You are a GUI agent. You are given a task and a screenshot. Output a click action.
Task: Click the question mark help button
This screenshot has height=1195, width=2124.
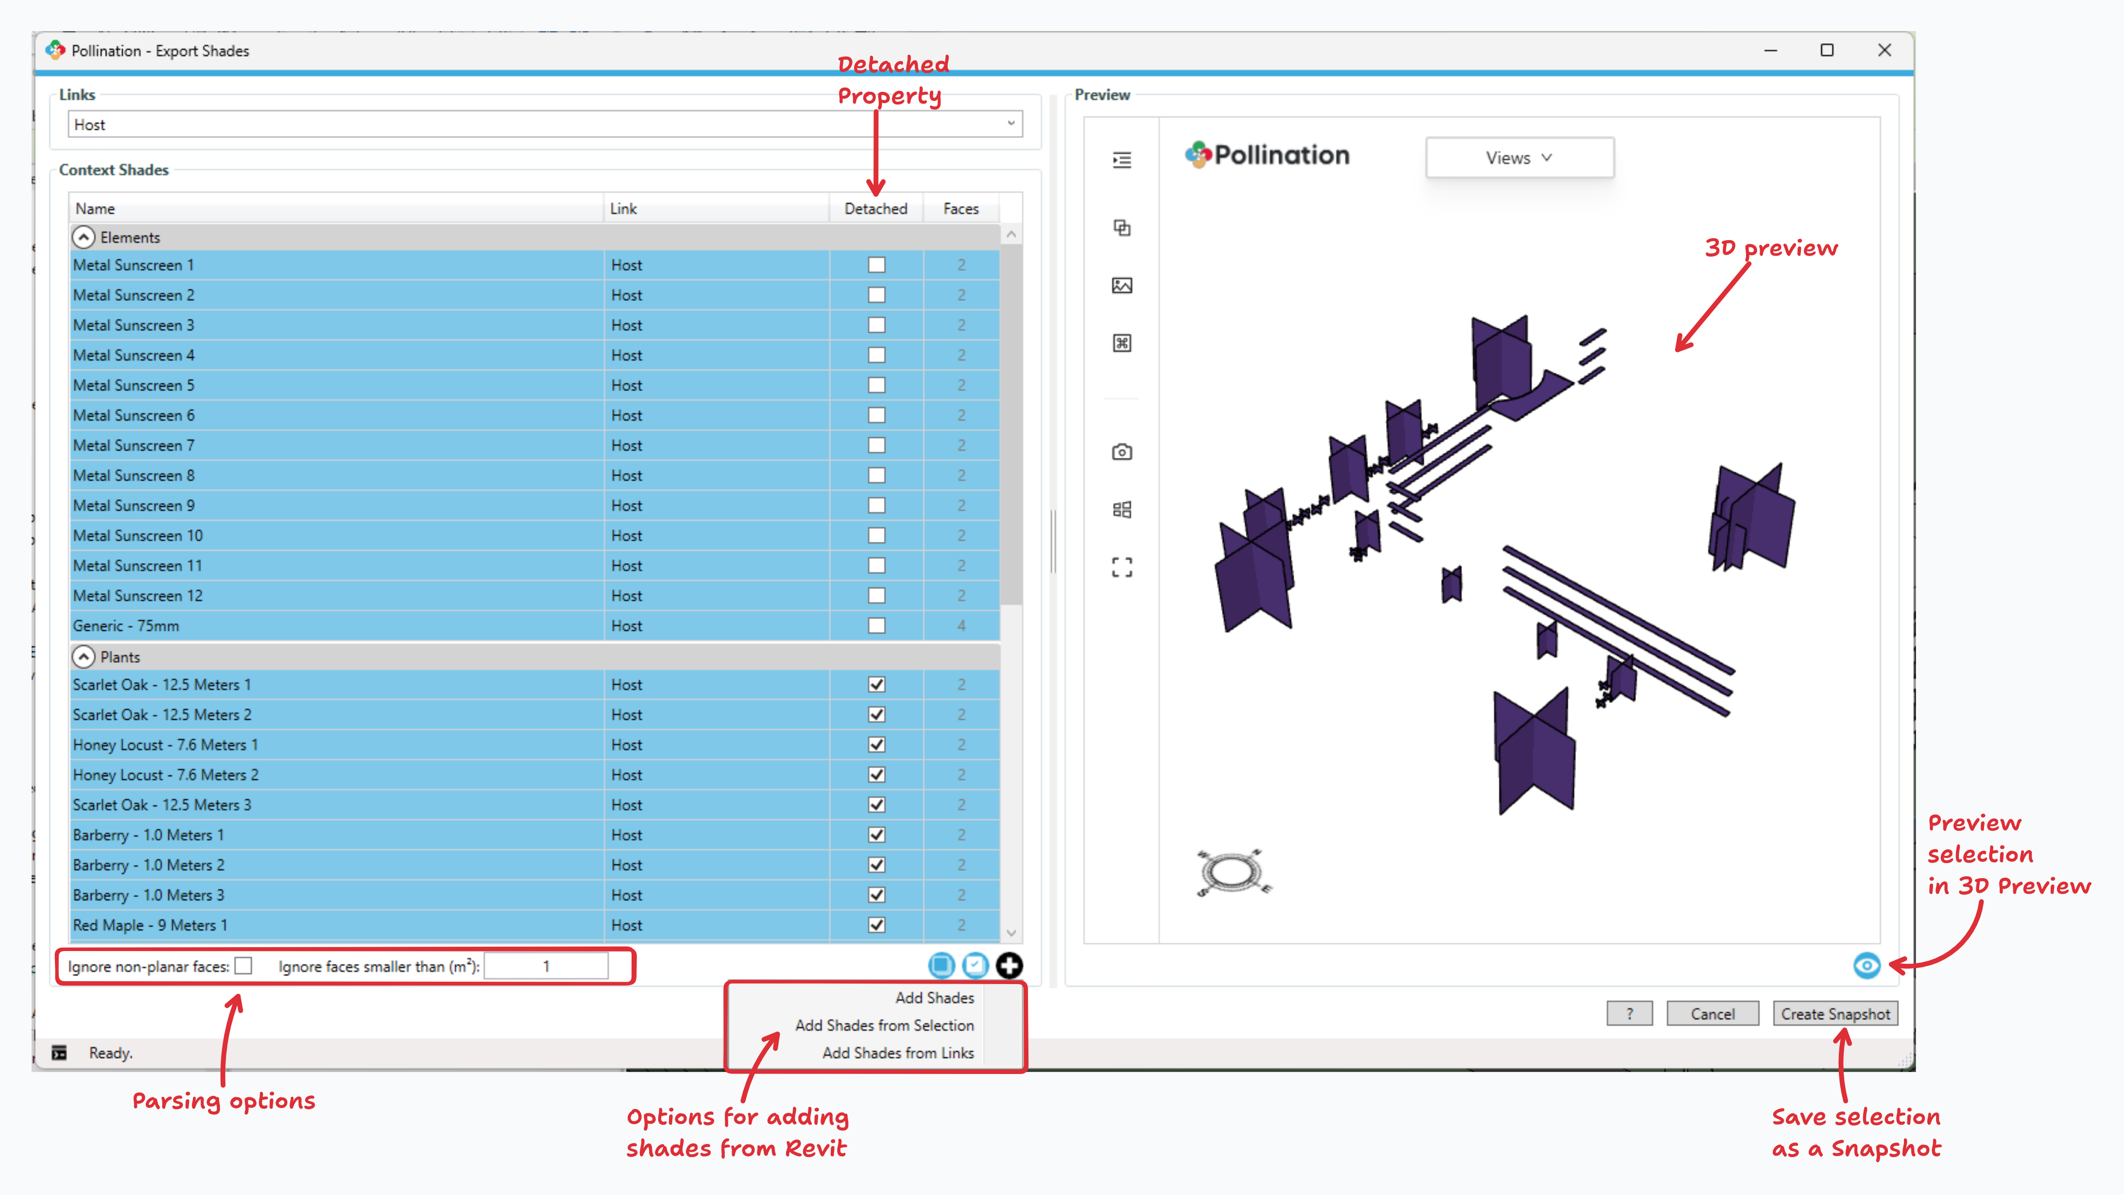pos(1629,1014)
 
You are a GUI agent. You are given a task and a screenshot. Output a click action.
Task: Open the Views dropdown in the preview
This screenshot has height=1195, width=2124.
pos(1519,157)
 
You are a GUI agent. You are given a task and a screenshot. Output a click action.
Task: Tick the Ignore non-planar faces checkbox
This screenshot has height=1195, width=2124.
pos(243,966)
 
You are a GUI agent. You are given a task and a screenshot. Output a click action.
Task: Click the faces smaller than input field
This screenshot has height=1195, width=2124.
pos(546,966)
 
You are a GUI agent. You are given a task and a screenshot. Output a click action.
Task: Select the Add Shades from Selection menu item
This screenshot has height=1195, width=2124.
pos(884,1025)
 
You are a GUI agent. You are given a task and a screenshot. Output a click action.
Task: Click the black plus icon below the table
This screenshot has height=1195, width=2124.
pos(1009,965)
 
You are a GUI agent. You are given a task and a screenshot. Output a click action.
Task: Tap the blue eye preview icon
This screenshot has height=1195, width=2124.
pos(1867,965)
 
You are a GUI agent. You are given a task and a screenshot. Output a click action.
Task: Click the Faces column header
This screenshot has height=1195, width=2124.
pos(960,208)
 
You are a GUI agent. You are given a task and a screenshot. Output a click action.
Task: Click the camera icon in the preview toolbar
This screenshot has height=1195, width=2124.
pos(1121,452)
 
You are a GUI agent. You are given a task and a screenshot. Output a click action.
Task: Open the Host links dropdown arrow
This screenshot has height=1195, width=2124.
pos(1011,124)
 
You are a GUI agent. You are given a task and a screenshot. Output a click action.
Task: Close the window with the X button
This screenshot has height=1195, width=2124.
pos(1884,51)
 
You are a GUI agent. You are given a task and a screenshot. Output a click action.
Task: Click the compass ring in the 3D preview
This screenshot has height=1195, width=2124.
pos(1230,872)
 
